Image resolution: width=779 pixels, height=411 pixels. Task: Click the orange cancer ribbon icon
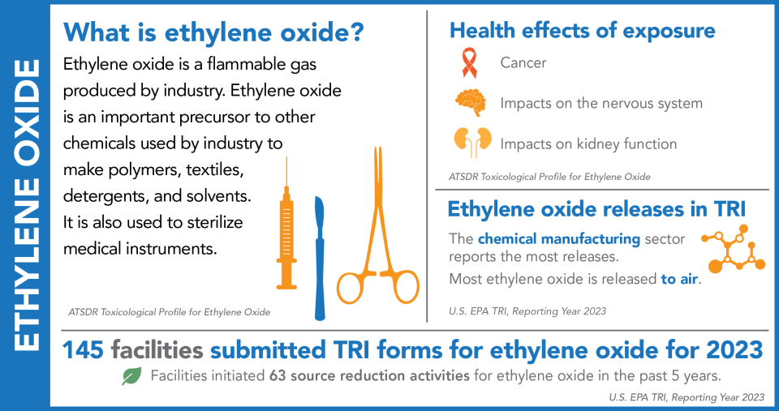pyautogui.click(x=467, y=62)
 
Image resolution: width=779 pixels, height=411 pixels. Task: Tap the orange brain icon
pyautogui.click(x=470, y=102)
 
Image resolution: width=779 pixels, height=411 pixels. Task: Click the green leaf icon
pyautogui.click(x=131, y=375)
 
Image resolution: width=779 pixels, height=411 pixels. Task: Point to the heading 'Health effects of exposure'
pyautogui.click(x=582, y=31)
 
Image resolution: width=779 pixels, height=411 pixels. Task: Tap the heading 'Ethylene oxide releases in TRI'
pyautogui.click(x=596, y=208)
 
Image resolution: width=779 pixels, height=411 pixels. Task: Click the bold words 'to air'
pyautogui.click(x=680, y=280)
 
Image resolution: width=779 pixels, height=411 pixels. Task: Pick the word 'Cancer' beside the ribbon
pyautogui.click(x=523, y=62)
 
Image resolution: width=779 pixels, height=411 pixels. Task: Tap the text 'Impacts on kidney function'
pyautogui.click(x=588, y=143)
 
